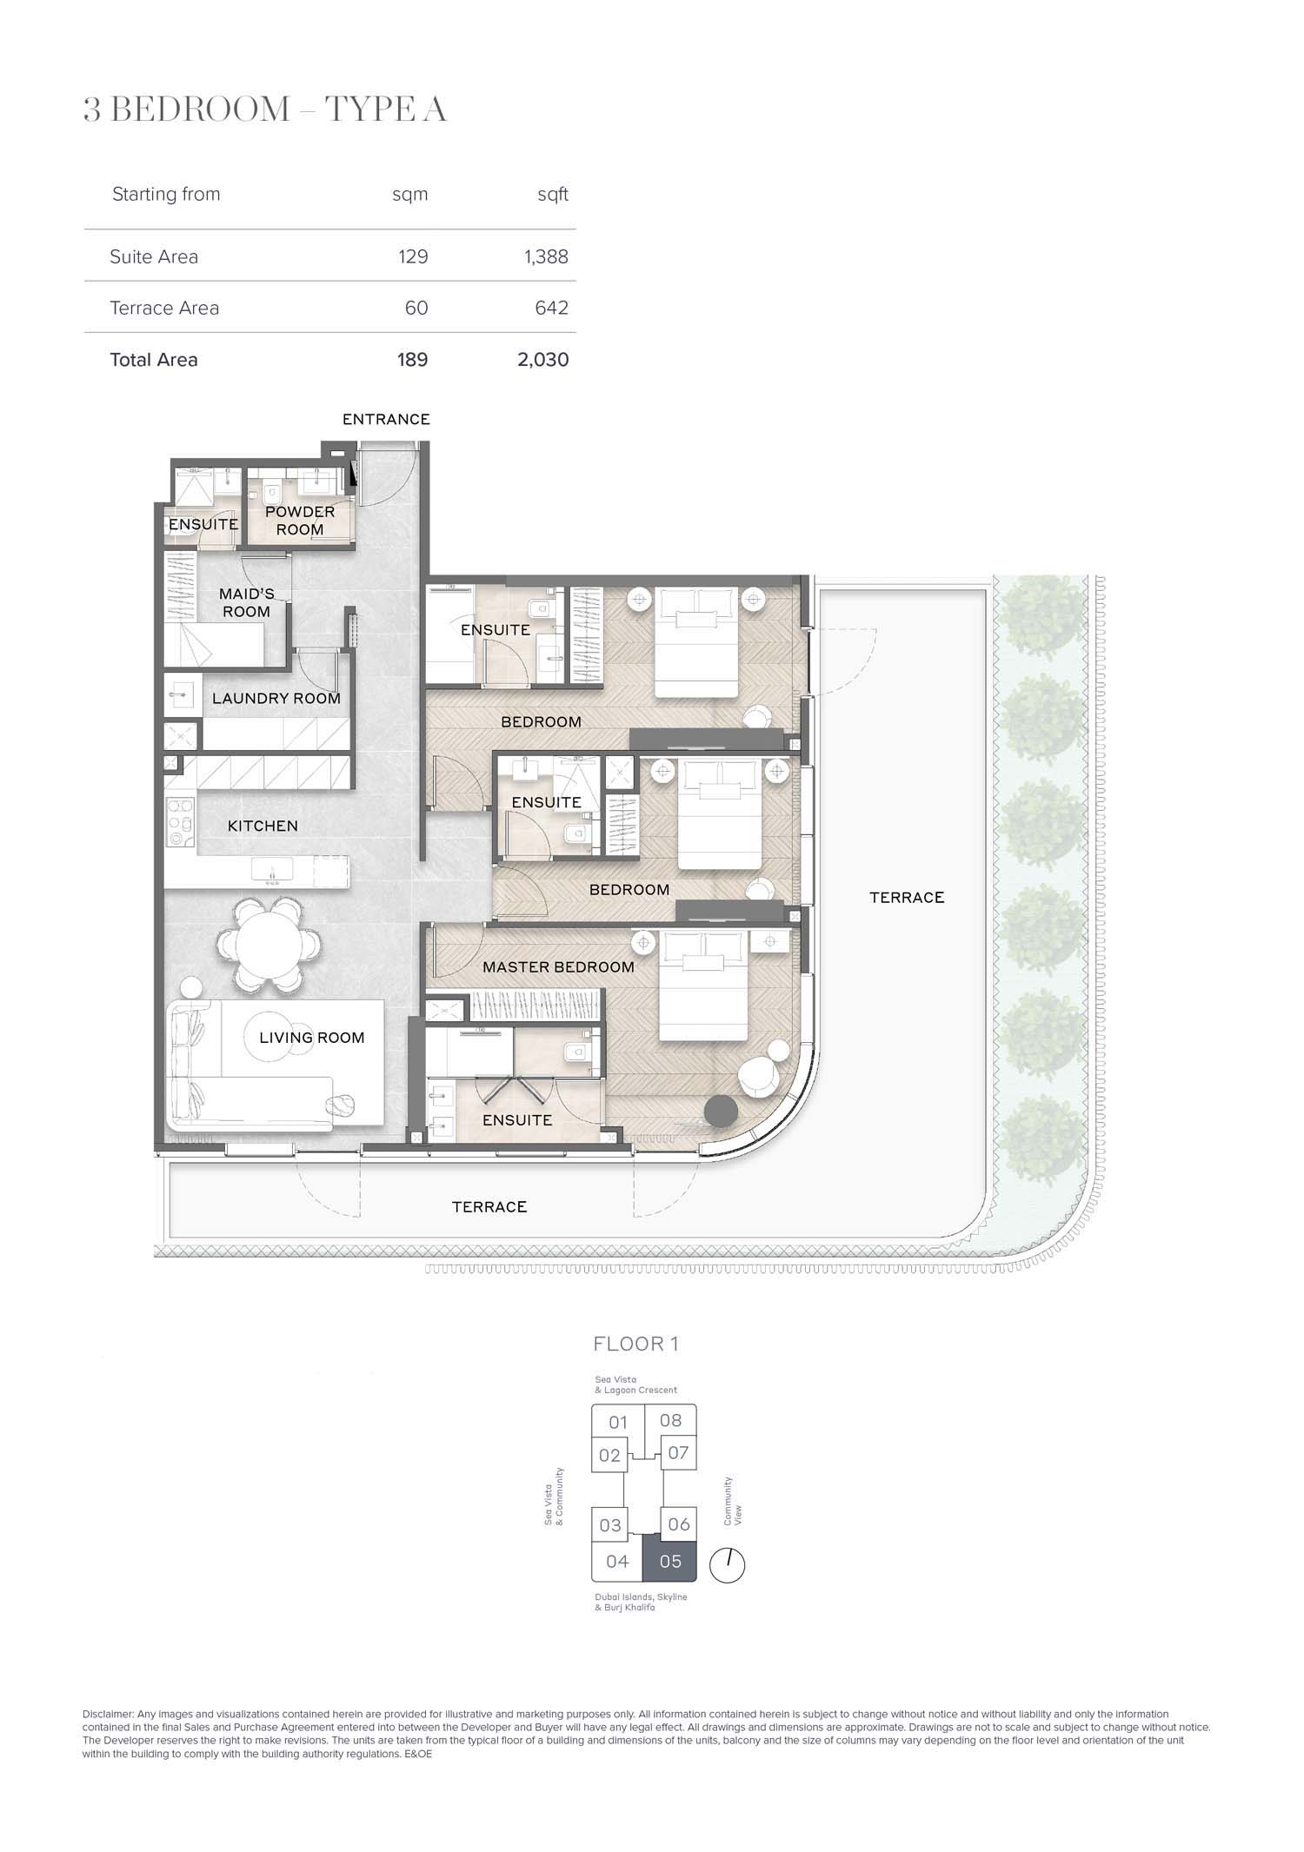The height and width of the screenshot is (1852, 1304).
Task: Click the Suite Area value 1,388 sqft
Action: click(546, 256)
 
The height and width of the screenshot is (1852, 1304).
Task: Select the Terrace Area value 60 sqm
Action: click(416, 308)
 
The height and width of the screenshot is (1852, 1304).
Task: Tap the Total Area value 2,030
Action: click(543, 360)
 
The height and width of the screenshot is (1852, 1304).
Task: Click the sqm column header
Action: click(410, 195)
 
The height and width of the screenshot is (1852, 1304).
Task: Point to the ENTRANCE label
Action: click(386, 419)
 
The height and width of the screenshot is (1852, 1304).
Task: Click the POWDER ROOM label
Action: click(300, 521)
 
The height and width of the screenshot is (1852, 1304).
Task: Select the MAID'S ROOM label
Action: click(246, 602)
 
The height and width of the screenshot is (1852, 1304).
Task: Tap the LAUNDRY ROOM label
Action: click(276, 698)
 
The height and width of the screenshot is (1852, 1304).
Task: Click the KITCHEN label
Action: click(263, 826)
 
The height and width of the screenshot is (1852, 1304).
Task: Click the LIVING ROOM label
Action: click(312, 1037)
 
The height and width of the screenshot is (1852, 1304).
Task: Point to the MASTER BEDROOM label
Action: click(558, 966)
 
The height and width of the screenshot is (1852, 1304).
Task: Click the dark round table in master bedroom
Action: click(721, 1110)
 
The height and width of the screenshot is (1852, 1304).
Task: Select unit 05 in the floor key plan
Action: click(669, 1562)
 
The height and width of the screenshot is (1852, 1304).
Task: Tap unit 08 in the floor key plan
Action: click(670, 1420)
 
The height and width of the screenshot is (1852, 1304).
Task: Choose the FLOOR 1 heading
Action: click(635, 1344)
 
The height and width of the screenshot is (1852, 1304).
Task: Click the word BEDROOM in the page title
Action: click(201, 110)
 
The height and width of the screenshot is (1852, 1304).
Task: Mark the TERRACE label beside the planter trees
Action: click(907, 897)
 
